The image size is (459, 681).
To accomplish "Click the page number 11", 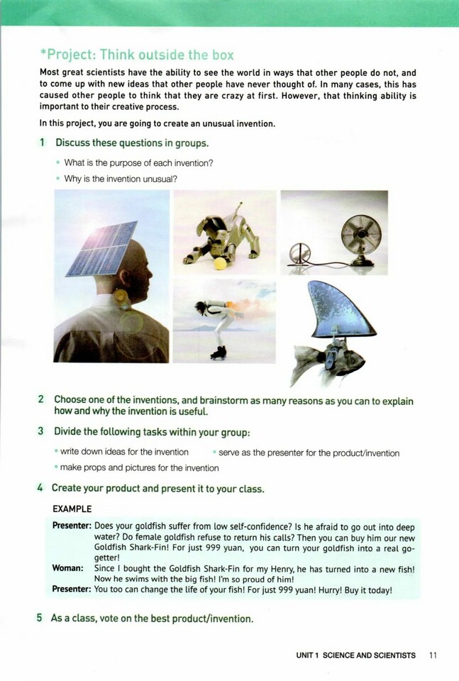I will (x=433, y=655).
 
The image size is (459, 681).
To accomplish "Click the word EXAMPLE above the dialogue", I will (x=72, y=509).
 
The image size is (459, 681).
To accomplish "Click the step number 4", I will (x=40, y=488).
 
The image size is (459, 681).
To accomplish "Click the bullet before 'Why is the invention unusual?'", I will (x=58, y=179).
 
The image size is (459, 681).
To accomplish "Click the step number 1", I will (x=42, y=143).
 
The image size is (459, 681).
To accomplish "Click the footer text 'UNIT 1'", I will (x=307, y=655).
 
